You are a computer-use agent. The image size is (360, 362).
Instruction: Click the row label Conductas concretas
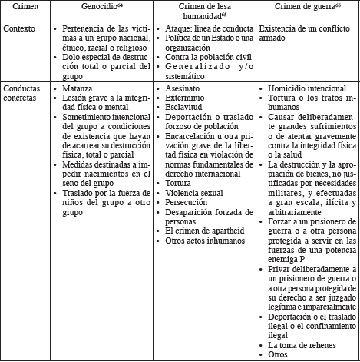24,94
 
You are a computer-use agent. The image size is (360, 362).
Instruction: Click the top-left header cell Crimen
18,7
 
